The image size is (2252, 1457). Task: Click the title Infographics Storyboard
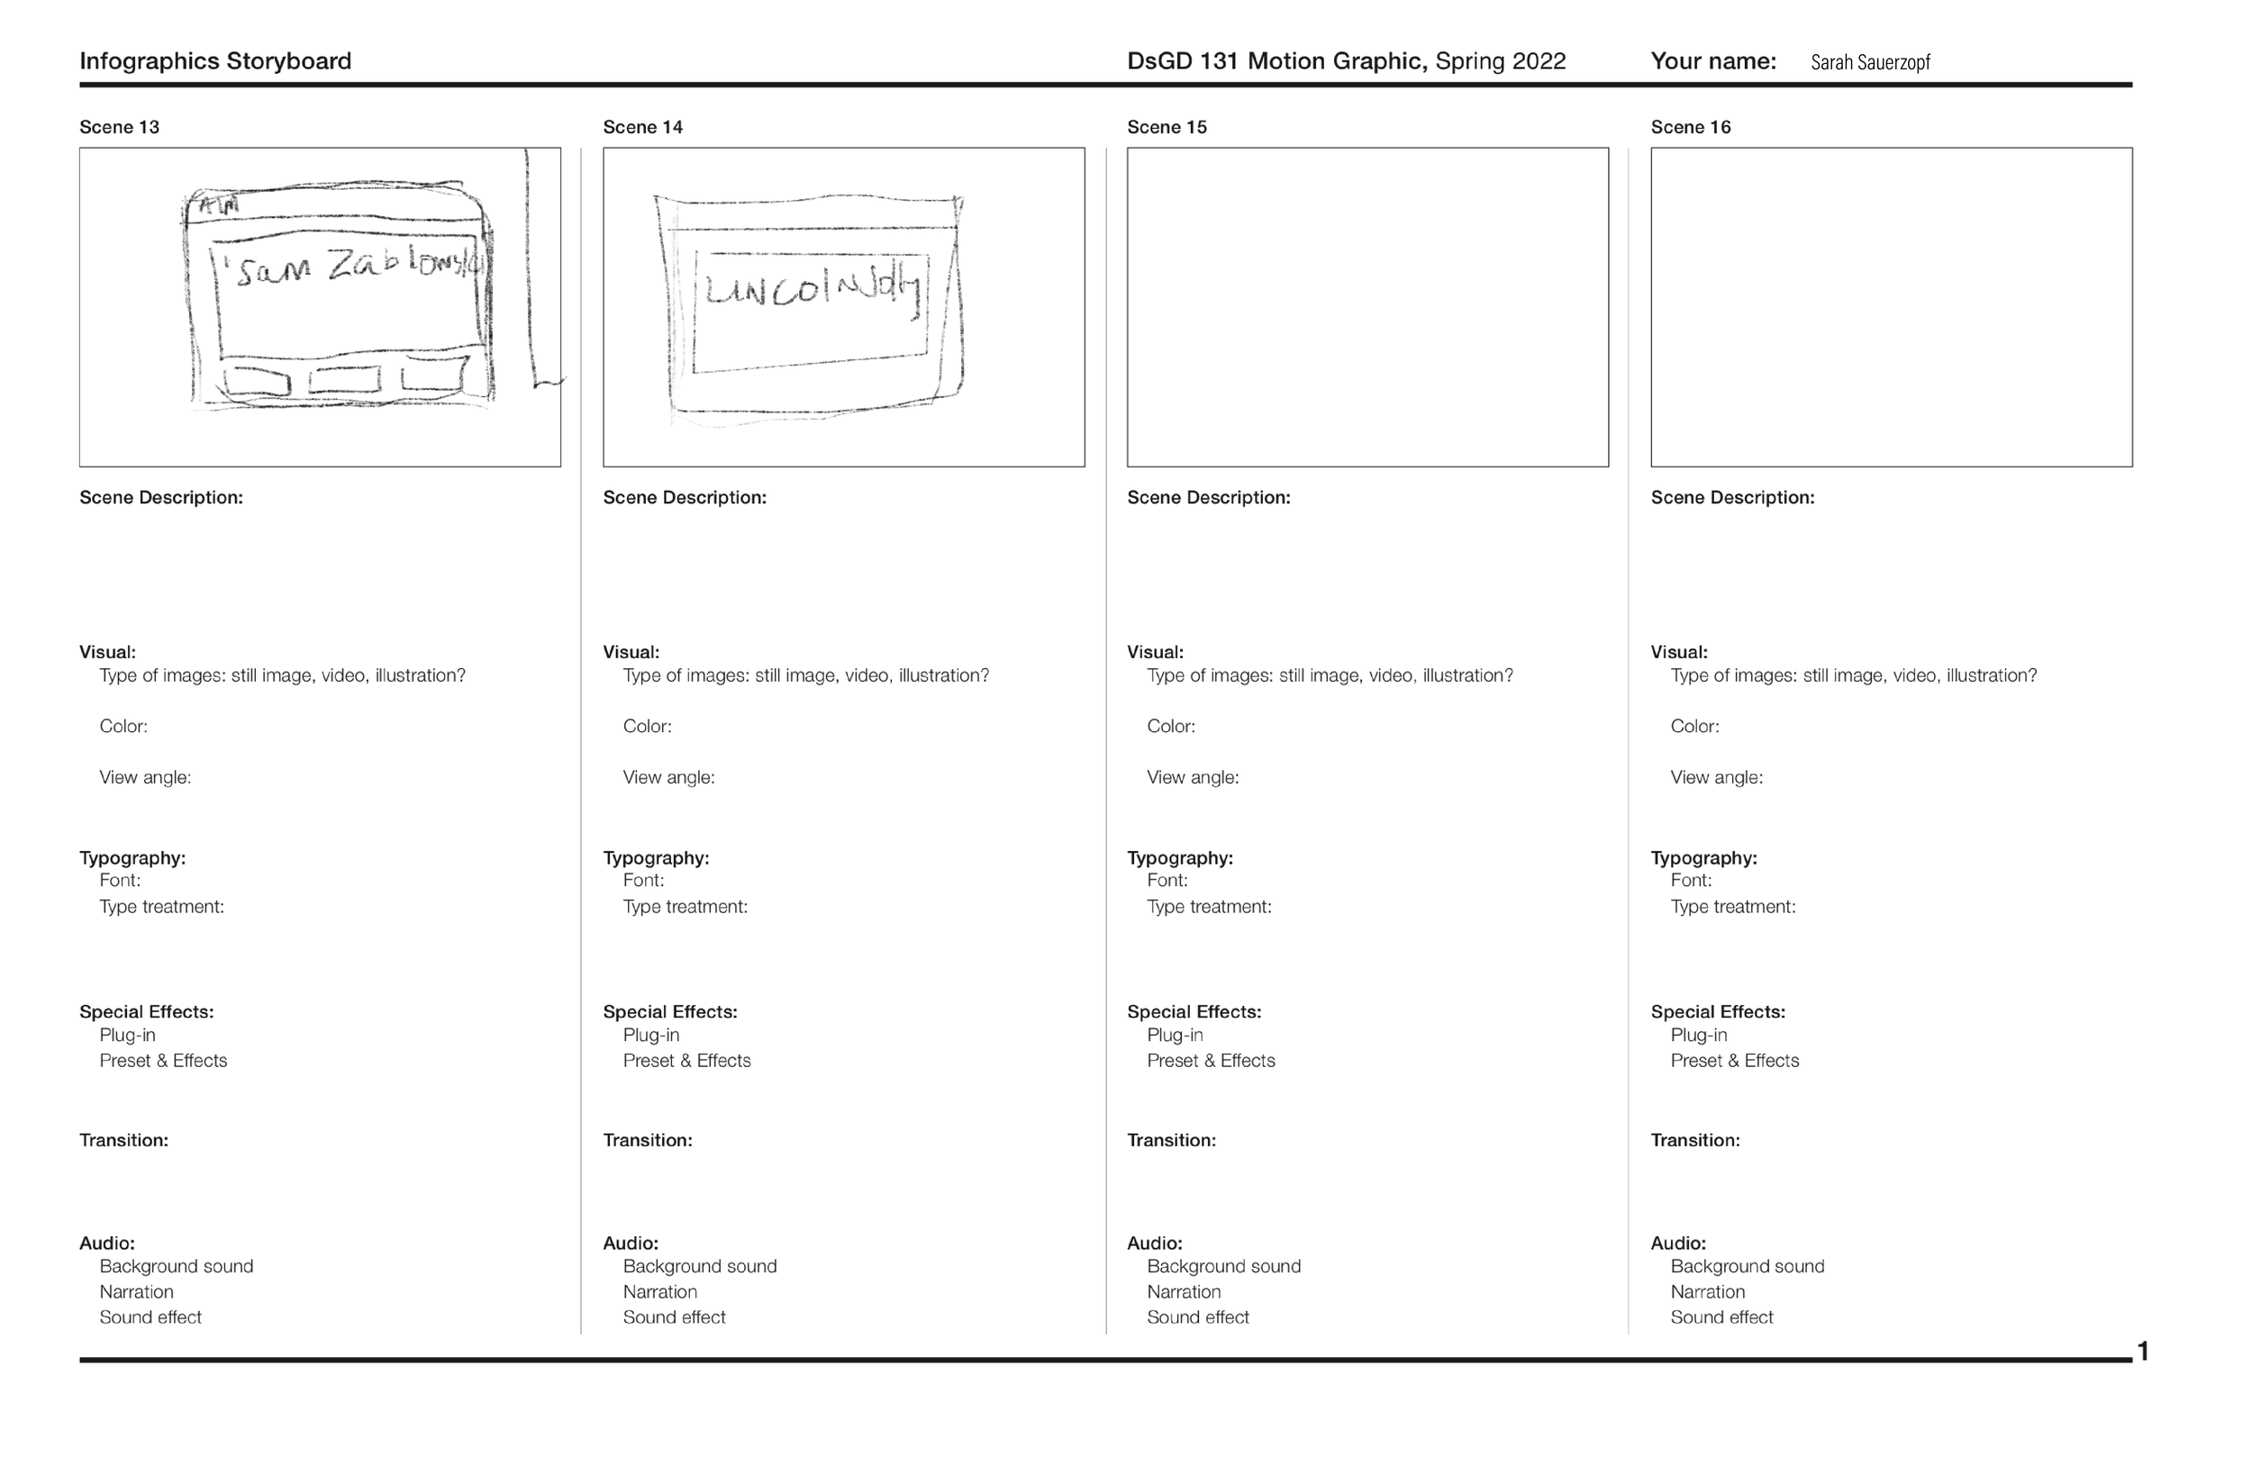[214, 61]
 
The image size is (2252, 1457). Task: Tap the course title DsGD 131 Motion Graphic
[1276, 61]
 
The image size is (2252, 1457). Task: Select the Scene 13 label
[119, 127]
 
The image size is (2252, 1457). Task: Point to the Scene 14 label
[642, 127]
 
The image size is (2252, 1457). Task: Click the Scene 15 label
[1167, 127]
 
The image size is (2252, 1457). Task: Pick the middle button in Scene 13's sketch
[344, 380]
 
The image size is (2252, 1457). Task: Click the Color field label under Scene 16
[1694, 727]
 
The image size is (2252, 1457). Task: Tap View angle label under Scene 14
[668, 778]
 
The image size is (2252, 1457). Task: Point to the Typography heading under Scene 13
[132, 858]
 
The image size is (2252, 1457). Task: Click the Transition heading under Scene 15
[1171, 1140]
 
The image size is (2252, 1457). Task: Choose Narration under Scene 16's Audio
[1707, 1292]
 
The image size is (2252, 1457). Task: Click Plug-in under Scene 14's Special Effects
[651, 1035]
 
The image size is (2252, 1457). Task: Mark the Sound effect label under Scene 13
[150, 1318]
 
